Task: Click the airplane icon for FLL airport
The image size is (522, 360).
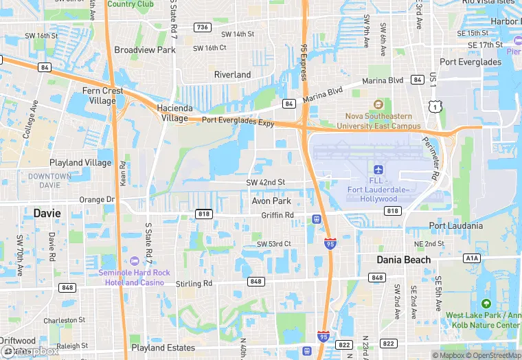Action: click(x=377, y=169)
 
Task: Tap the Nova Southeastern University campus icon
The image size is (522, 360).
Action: click(x=377, y=104)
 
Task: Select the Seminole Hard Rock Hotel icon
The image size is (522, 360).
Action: click(x=134, y=261)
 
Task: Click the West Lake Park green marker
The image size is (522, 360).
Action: click(x=486, y=304)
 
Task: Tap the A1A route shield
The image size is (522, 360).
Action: click(x=471, y=258)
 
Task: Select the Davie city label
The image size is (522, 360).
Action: click(x=47, y=214)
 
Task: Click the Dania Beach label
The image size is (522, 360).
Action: click(x=403, y=260)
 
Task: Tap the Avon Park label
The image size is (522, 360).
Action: click(x=271, y=201)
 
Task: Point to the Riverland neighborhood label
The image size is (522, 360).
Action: click(x=232, y=74)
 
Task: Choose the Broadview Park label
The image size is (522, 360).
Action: click(x=145, y=50)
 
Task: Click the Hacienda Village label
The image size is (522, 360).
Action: click(x=163, y=113)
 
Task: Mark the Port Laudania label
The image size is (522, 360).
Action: click(x=456, y=225)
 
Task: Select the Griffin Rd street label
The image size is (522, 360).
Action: click(x=277, y=215)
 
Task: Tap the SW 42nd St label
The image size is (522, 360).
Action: click(x=265, y=182)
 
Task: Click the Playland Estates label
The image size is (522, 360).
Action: click(x=163, y=348)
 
